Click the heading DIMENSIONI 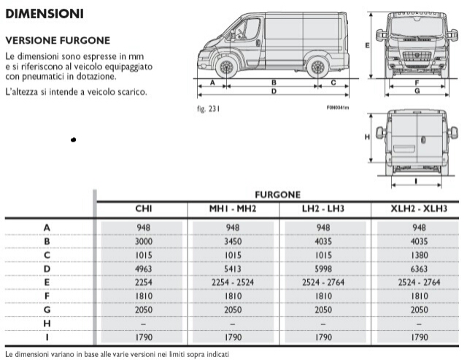[45, 13]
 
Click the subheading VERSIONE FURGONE [58, 41]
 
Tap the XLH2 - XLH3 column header [419, 210]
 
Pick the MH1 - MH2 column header [232, 210]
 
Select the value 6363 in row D [419, 268]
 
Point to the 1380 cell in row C [419, 255]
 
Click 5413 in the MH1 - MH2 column [232, 268]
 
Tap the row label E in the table [47, 282]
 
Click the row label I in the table [47, 337]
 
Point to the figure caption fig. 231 [209, 109]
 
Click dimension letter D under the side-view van [273, 92]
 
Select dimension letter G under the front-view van [417, 92]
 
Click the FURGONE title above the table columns [277, 195]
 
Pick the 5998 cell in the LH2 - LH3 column [323, 268]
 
